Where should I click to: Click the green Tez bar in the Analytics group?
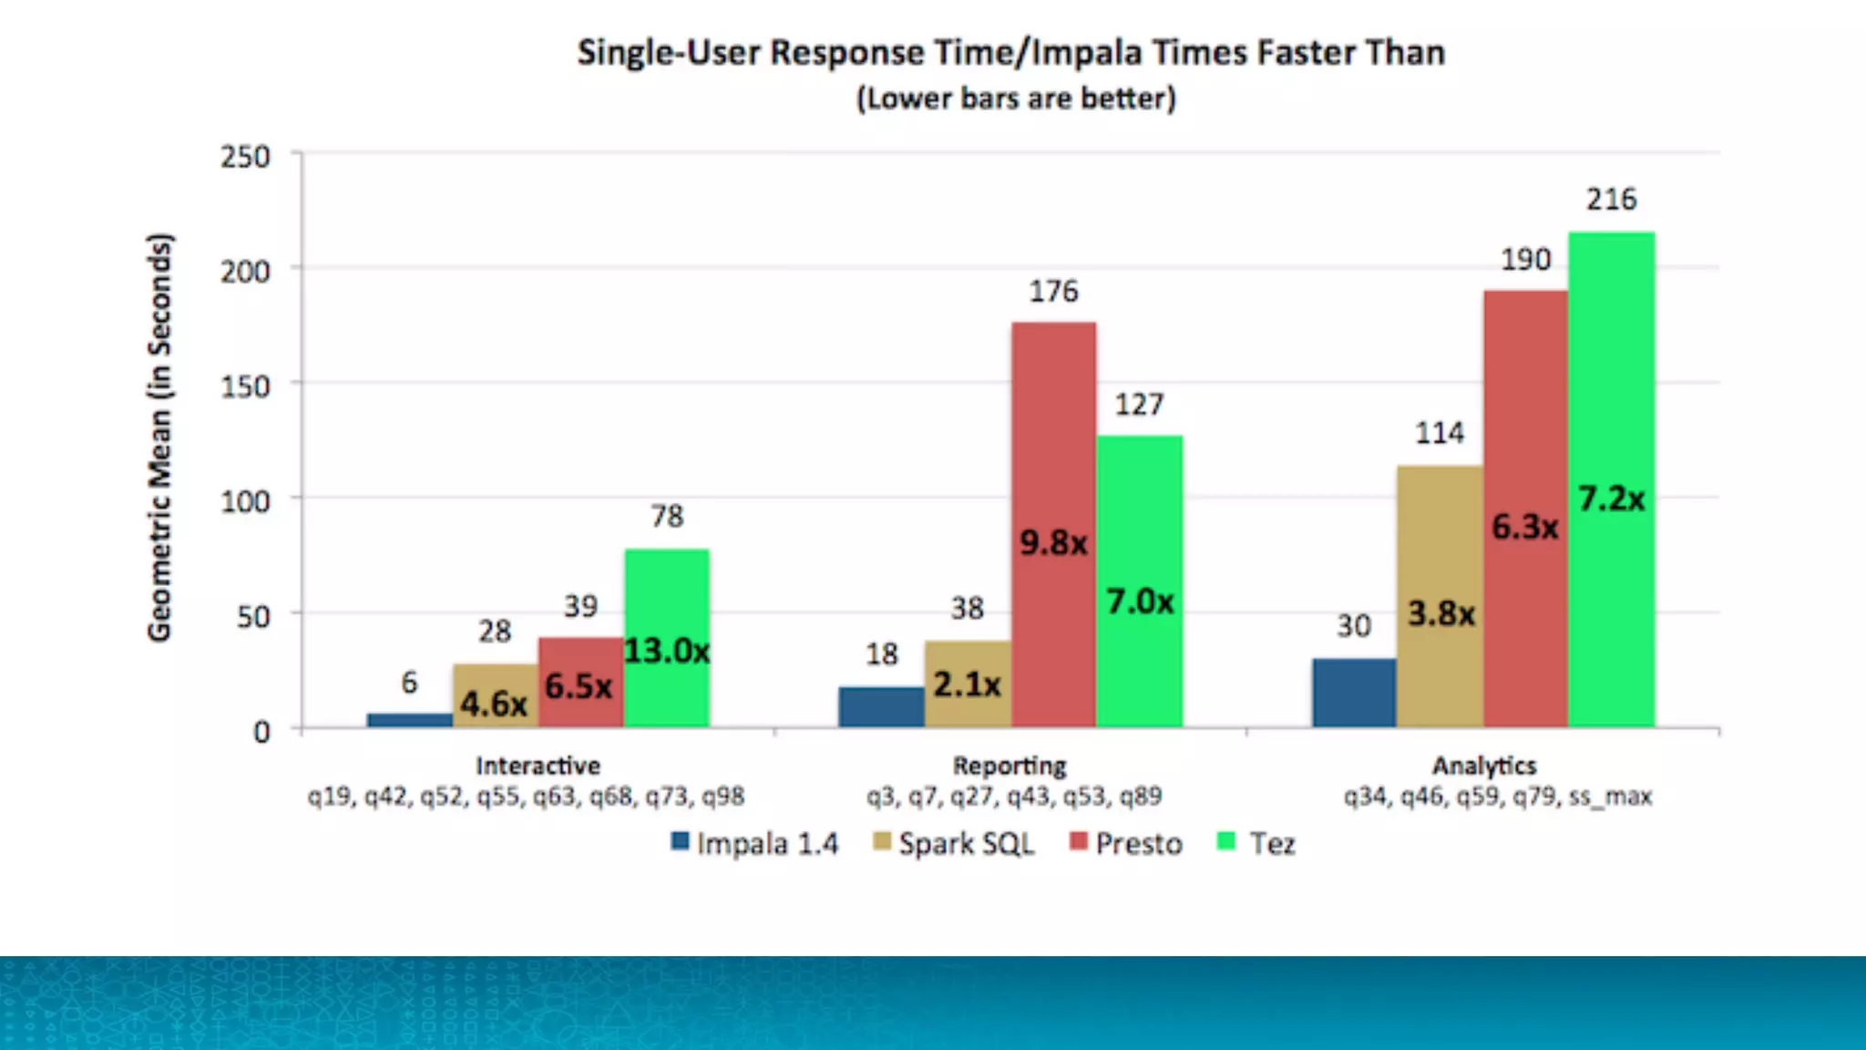[1611, 383]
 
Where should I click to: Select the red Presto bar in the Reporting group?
[1053, 437]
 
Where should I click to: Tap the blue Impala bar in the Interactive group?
[409, 720]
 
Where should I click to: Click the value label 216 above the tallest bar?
[1611, 200]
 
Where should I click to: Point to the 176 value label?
[1053, 292]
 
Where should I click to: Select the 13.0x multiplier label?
[667, 651]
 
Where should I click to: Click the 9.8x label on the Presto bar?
[1053, 543]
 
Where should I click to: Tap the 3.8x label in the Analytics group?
[1441, 613]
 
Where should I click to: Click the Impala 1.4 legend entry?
[755, 843]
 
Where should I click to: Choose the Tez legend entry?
[1257, 843]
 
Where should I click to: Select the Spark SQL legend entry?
[954, 843]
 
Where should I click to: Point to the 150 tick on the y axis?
[245, 386]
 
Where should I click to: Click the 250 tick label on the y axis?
[245, 157]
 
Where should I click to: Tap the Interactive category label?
[538, 766]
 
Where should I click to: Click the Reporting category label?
[1010, 766]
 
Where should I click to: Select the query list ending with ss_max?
[1497, 797]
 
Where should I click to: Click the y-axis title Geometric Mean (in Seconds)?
[159, 437]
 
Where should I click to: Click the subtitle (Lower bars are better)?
[1016, 98]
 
